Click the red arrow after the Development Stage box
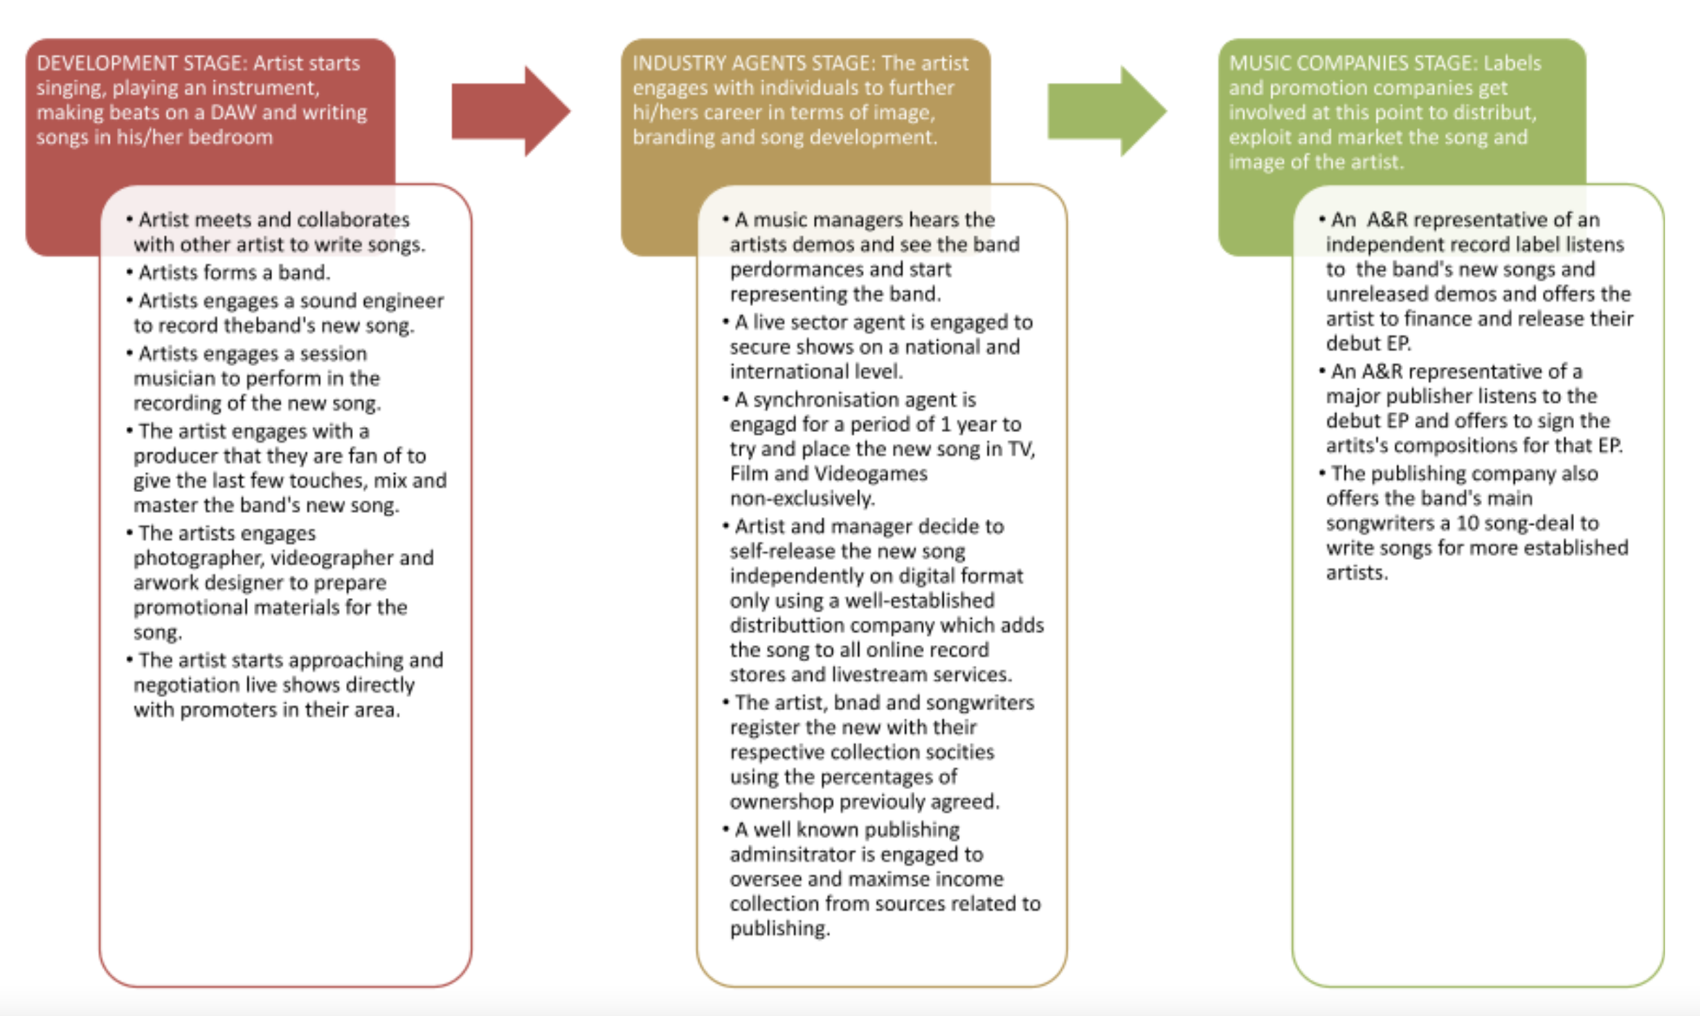click(511, 111)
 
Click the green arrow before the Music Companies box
click(1107, 111)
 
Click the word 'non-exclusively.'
click(803, 498)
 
